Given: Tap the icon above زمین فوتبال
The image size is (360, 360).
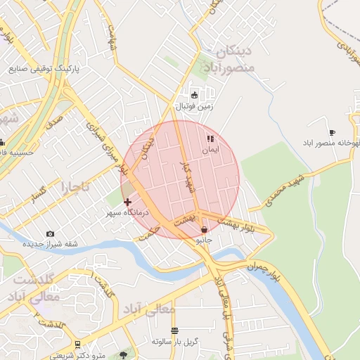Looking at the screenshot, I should [x=194, y=95].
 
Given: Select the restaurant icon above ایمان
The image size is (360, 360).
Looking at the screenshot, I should [x=210, y=139].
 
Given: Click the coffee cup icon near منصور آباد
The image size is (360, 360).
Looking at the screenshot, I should [x=332, y=132].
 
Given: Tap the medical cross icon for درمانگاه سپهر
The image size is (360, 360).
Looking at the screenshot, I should [x=127, y=202].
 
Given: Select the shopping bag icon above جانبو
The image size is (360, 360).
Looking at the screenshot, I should [x=204, y=229].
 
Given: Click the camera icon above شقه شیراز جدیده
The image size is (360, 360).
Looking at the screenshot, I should [x=50, y=233].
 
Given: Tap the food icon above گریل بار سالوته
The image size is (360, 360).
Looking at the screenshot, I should [x=175, y=330].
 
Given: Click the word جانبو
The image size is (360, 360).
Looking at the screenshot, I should [x=203, y=240].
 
